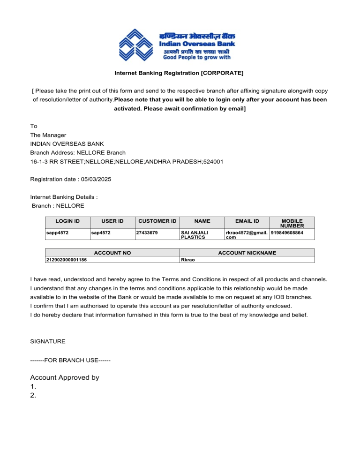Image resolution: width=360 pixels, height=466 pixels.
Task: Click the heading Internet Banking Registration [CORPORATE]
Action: (179, 73)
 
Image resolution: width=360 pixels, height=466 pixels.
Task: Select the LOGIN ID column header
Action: (67, 221)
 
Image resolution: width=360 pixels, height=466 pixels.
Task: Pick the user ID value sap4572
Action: (101, 232)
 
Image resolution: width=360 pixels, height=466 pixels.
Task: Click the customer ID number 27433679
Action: (147, 232)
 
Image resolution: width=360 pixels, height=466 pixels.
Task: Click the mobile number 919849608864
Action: (287, 232)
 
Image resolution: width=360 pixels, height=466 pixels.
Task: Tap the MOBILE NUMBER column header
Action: (292, 223)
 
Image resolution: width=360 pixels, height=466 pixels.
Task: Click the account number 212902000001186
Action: (66, 259)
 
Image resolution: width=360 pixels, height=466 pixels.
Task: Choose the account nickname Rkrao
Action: (188, 259)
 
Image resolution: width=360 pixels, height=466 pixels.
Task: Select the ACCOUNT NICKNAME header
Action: (247, 253)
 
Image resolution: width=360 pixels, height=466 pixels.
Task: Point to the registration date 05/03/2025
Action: (95, 179)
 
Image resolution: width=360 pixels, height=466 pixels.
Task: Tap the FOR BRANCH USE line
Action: (70, 360)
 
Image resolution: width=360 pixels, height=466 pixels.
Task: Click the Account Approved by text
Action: (65, 377)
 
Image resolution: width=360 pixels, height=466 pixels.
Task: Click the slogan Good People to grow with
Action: (196, 58)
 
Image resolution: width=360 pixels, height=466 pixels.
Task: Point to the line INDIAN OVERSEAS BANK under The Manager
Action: (67, 144)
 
